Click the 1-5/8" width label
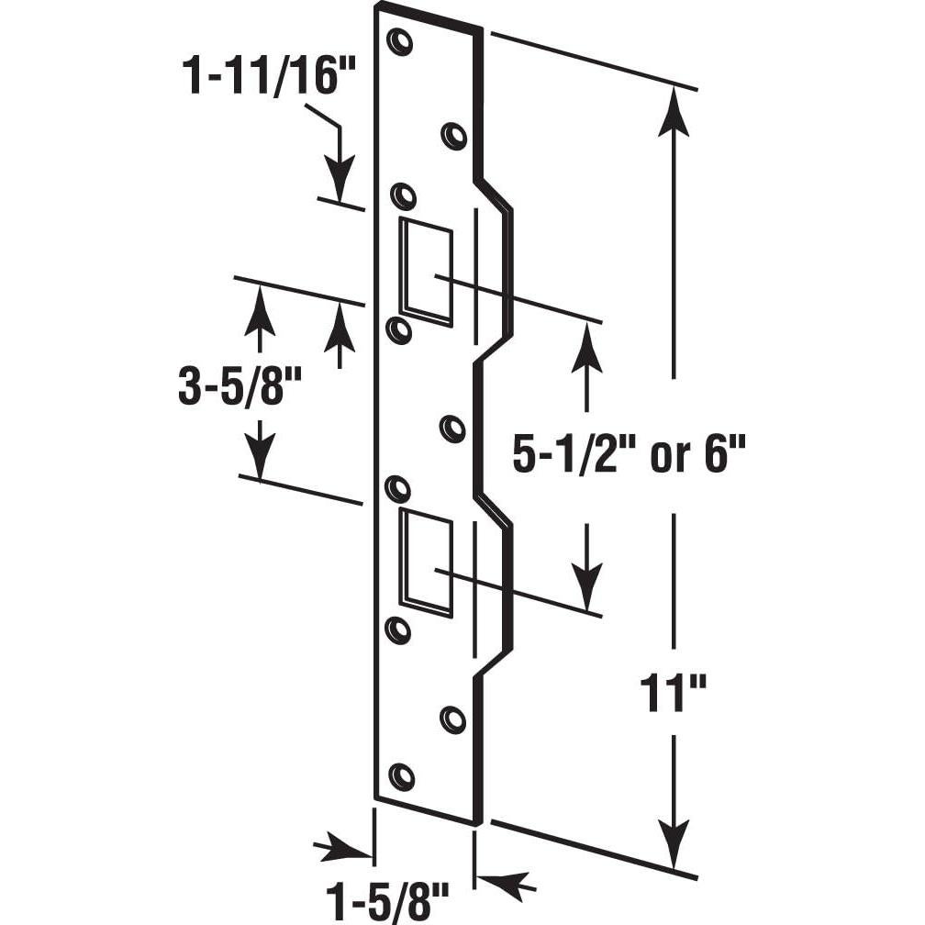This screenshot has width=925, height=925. (384, 894)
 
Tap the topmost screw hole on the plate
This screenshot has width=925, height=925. (400, 42)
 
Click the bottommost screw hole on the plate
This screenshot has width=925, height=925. (402, 775)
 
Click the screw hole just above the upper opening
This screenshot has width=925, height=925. (403, 196)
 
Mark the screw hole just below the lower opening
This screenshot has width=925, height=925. (398, 630)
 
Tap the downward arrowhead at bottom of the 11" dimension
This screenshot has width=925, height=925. (676, 840)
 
